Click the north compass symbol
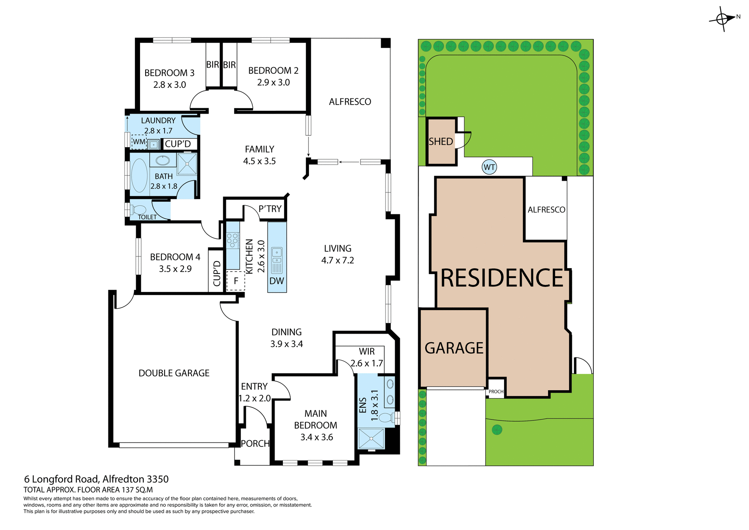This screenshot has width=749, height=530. pos(723,19)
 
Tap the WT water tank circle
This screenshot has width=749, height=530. pos(489,167)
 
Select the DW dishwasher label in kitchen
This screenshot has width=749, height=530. pos(277,281)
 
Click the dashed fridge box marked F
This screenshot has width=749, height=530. pos(236,281)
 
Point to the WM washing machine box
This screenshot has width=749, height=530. pos(139,142)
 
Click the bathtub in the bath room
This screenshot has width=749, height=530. pos(139,175)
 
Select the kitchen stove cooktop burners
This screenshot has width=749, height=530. pos(233,240)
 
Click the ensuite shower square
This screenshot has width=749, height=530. pos(371,439)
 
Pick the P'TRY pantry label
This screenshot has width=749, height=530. pos(270,209)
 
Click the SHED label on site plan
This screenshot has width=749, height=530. pos(441,142)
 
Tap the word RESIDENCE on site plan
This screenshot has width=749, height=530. pos(502,278)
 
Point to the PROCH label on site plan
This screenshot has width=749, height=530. pos(496,391)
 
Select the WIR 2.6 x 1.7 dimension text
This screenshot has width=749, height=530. pos(367,363)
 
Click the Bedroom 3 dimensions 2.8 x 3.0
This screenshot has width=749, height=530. pos(169,85)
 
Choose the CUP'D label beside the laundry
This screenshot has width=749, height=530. pos(178,144)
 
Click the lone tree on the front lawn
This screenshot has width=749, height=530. pos(497,430)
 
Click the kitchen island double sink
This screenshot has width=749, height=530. pos(277,256)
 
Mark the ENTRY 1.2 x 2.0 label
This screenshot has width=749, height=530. pos(254,392)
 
